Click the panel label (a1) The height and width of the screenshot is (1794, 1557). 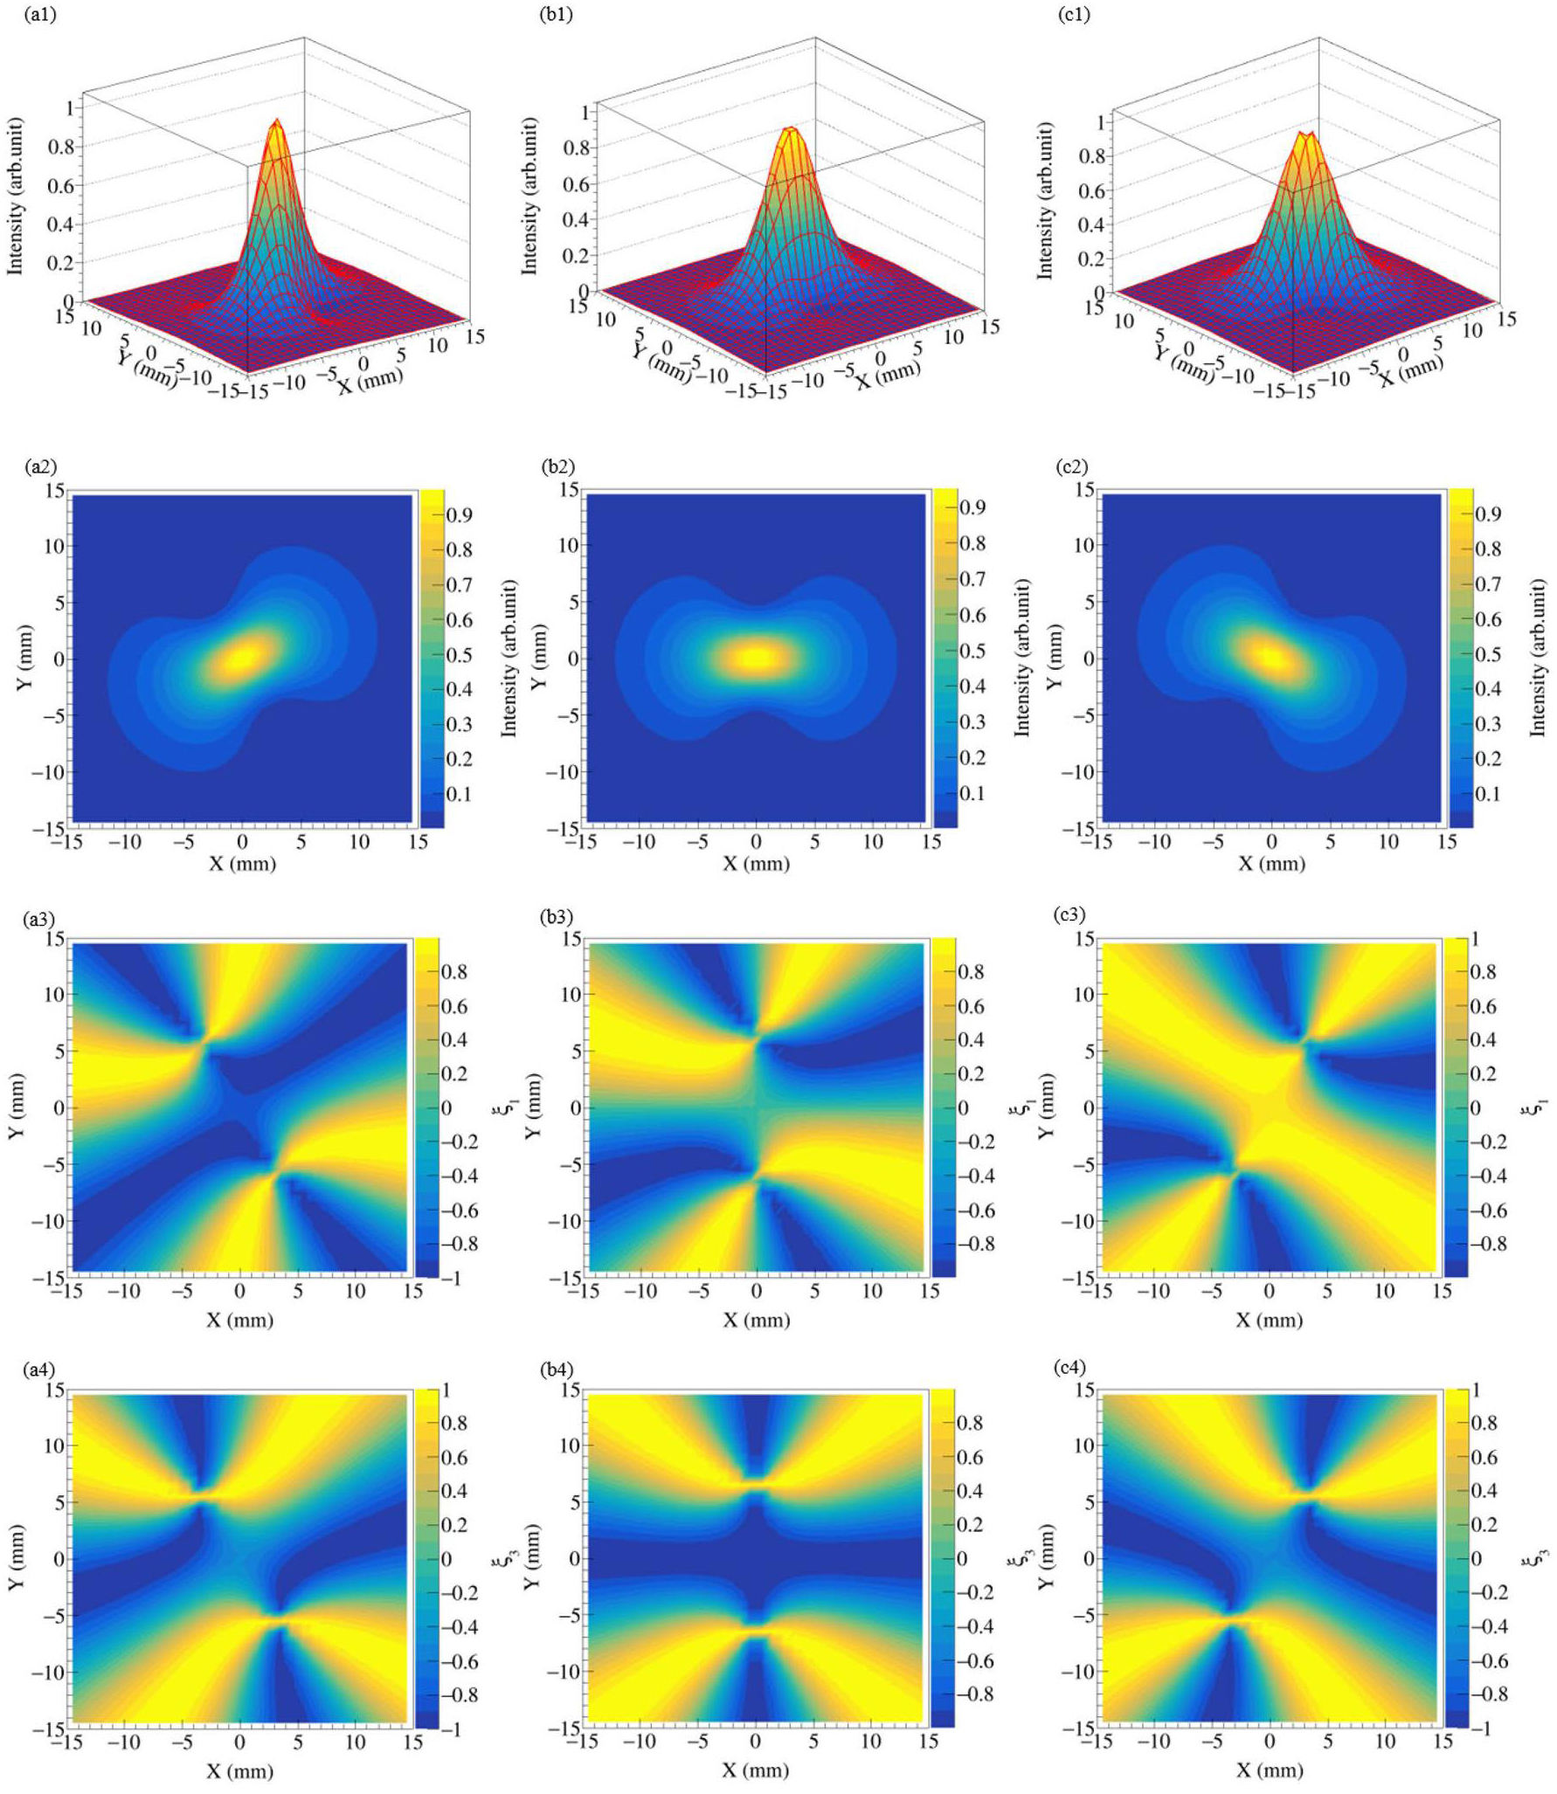pos(41,15)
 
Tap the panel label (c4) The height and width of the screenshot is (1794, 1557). pos(1072,1368)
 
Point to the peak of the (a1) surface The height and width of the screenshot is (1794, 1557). pos(277,121)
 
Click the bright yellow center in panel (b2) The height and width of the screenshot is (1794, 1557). pos(757,657)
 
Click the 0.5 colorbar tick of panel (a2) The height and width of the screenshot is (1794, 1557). pos(459,655)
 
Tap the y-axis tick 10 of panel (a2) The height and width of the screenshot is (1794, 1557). pos(54,546)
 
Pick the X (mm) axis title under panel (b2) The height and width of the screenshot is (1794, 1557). pos(757,864)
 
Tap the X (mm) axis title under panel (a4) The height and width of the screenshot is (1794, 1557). pos(240,1770)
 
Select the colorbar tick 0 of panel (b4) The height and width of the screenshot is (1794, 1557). pos(962,1559)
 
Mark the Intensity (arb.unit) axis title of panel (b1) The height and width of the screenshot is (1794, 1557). pos(529,196)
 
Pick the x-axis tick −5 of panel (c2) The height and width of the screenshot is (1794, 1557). pos(1213,841)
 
